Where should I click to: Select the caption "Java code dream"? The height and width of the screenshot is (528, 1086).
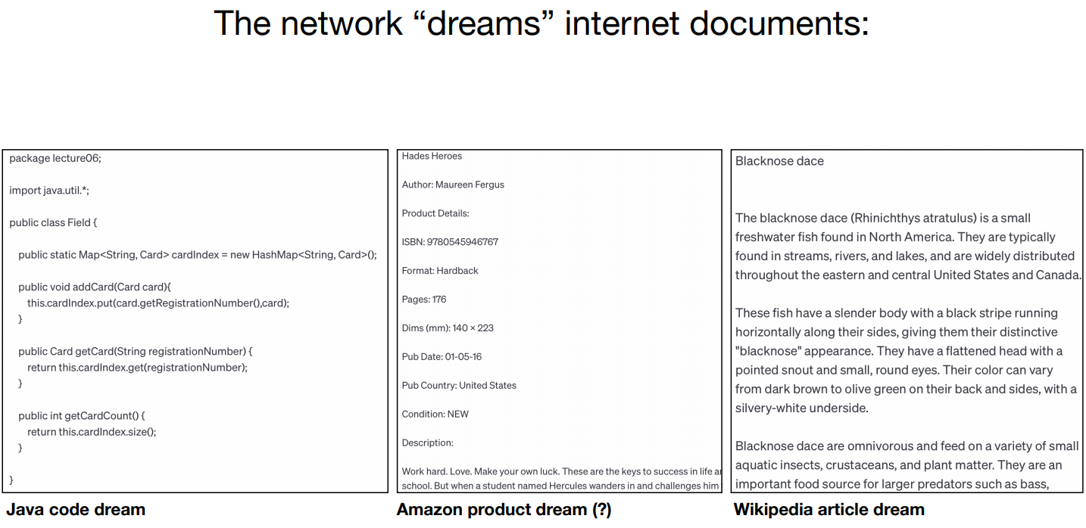point(76,510)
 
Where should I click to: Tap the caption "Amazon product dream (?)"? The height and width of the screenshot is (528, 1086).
point(504,510)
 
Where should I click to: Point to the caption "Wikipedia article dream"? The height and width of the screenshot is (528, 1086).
point(829,510)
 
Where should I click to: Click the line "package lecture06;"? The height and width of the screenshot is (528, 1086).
point(55,158)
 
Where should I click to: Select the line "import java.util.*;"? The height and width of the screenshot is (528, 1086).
point(49,191)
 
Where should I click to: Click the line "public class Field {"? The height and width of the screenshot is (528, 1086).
point(53,222)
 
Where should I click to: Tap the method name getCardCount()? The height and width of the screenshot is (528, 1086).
point(103,416)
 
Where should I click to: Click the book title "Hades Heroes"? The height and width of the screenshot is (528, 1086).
point(432,157)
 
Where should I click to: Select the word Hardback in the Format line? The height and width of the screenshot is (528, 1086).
point(457,271)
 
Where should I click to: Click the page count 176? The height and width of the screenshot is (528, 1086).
point(439,300)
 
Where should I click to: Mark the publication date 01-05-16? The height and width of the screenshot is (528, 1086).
point(463,357)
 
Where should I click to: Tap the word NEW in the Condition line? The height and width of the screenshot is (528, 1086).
point(458,415)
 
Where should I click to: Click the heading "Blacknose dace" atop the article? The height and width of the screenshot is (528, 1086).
point(779,161)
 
